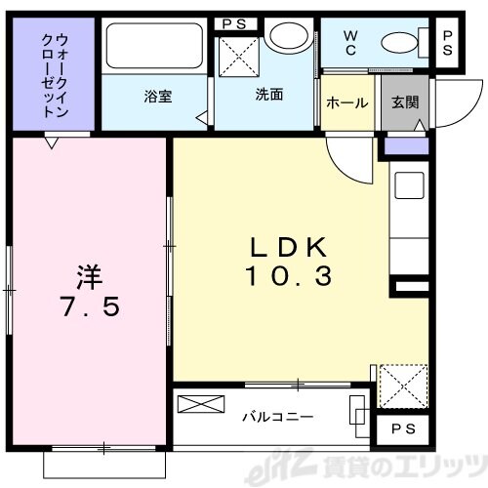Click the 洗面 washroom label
pyautogui.click(x=269, y=96)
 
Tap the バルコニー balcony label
pyautogui.click(x=278, y=417)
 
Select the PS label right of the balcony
pyautogui.click(x=399, y=430)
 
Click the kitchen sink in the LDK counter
pyautogui.click(x=407, y=185)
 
